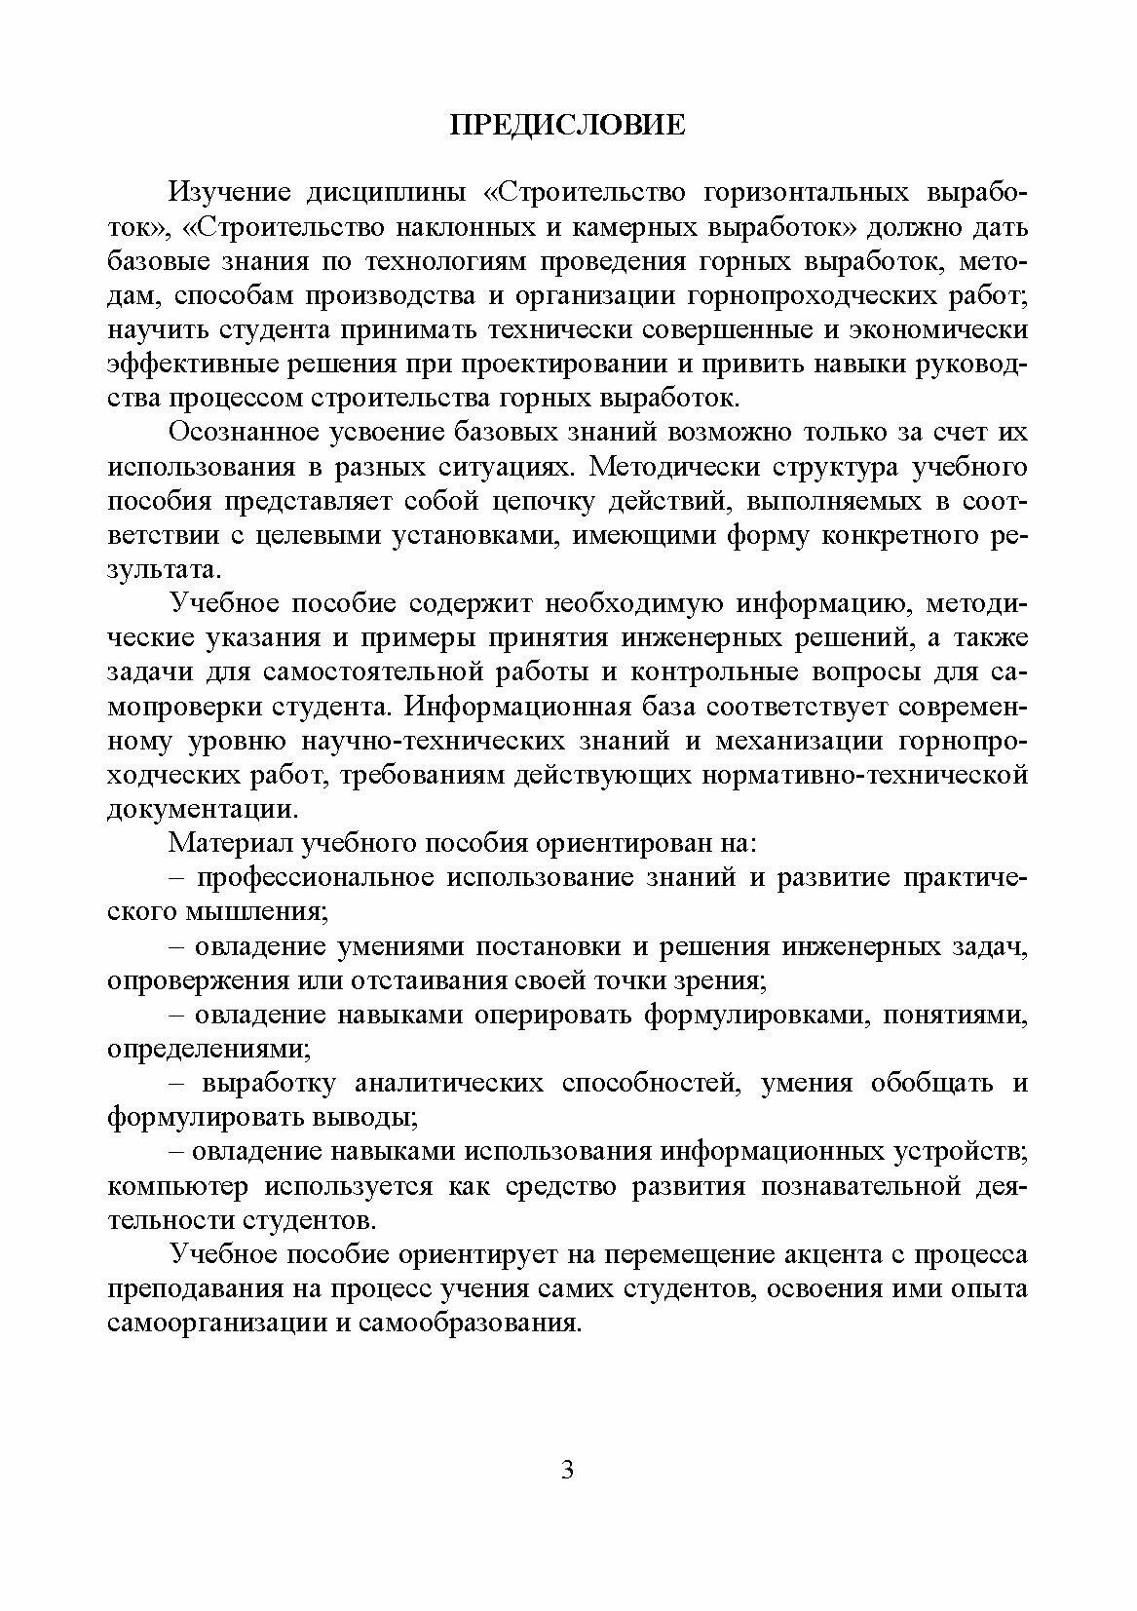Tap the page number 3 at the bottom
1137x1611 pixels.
pyautogui.click(x=568, y=1471)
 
